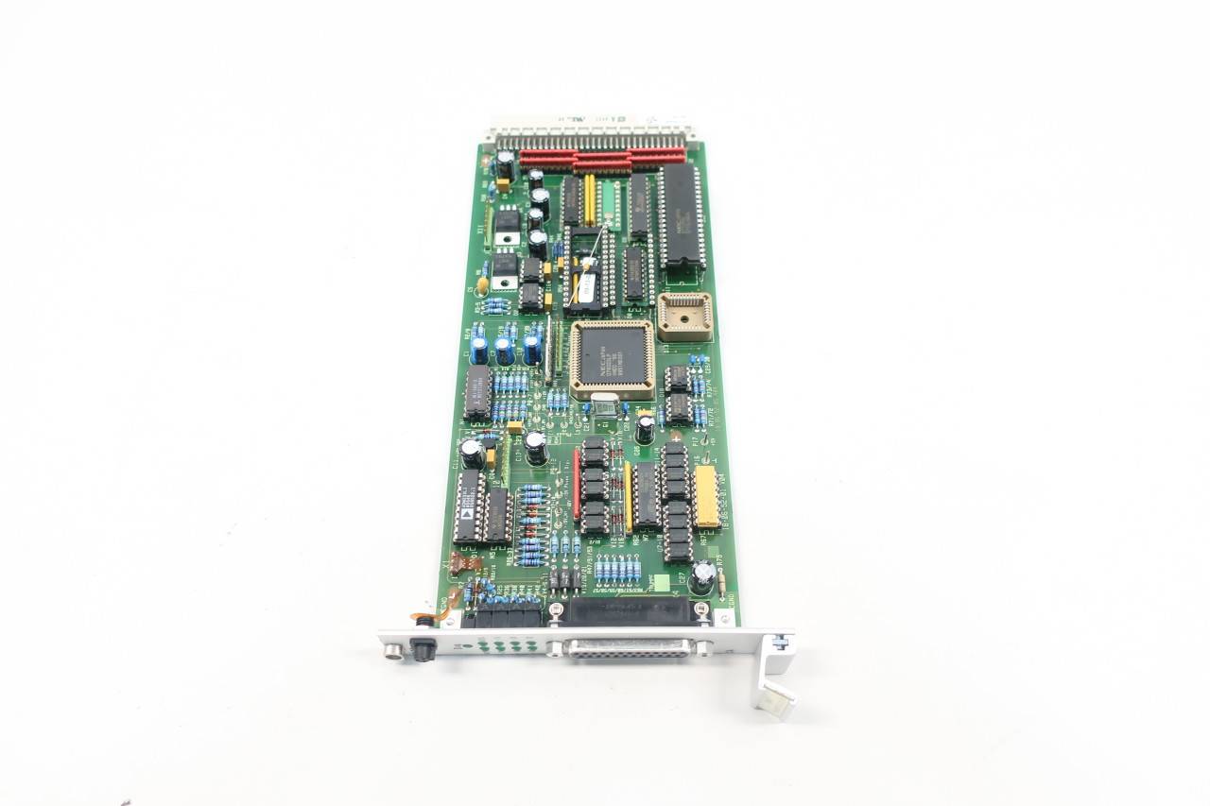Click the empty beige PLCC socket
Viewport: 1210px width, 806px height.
pos(685,316)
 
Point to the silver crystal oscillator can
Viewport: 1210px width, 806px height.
pos(605,406)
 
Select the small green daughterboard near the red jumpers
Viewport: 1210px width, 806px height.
pos(609,202)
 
